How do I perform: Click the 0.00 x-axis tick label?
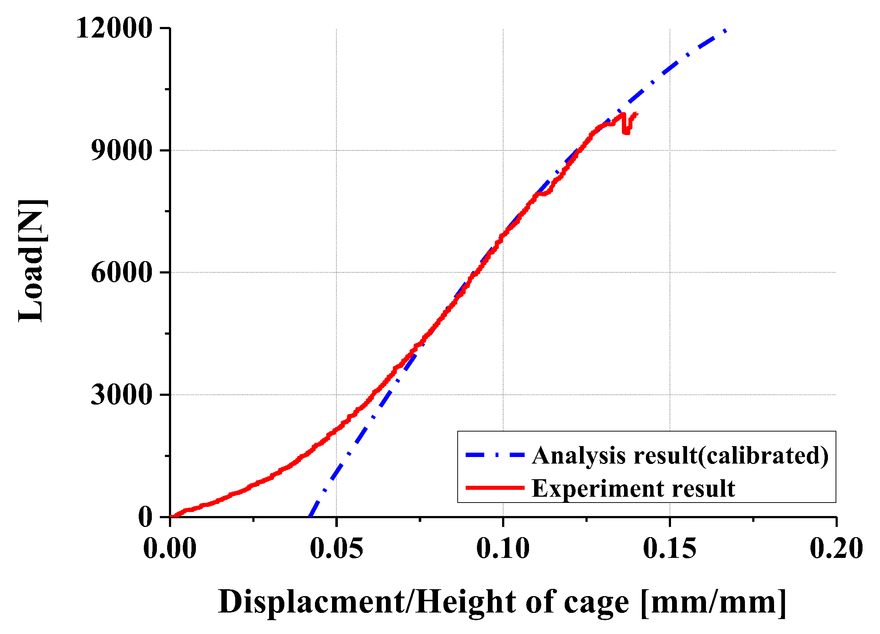(170, 549)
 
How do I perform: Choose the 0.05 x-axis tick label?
(336, 549)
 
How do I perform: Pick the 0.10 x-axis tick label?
(503, 549)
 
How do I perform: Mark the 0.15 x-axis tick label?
(670, 549)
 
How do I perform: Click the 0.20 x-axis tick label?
(836, 549)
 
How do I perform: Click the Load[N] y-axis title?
(33, 261)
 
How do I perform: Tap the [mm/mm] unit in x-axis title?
(713, 602)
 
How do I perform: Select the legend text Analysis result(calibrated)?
(680, 456)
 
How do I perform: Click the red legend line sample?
(495, 488)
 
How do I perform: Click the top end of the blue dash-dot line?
(725, 31)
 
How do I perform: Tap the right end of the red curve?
(637, 114)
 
